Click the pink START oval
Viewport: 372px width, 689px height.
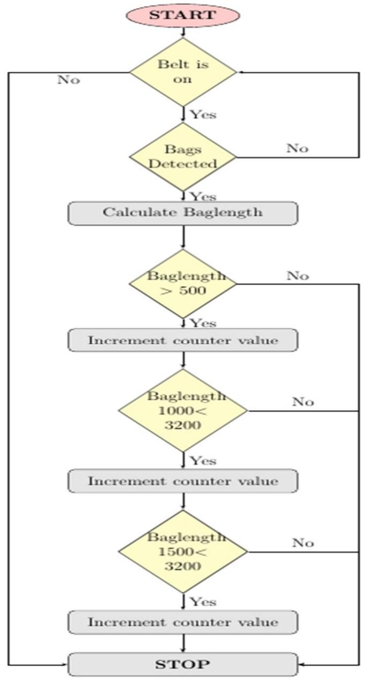(x=183, y=15)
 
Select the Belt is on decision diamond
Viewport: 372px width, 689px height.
(x=183, y=72)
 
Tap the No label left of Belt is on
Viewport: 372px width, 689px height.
(x=68, y=80)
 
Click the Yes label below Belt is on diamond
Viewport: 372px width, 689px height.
(x=203, y=114)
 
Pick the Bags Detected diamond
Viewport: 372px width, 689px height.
(x=183, y=157)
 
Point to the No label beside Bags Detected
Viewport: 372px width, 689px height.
(x=297, y=148)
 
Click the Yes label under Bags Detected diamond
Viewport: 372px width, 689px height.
(x=203, y=196)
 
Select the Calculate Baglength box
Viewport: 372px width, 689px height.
(x=183, y=213)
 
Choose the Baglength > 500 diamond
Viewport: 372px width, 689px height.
(x=183, y=284)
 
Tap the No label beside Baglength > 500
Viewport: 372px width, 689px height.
(x=297, y=276)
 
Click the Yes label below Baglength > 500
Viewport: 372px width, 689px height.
(x=203, y=323)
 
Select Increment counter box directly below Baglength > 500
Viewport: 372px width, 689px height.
(x=183, y=340)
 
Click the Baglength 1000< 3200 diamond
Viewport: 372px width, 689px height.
(x=183, y=410)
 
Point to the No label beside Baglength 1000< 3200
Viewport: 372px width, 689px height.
(x=303, y=402)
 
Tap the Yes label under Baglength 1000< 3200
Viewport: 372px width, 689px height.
(x=203, y=461)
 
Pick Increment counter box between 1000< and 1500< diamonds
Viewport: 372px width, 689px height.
(x=183, y=481)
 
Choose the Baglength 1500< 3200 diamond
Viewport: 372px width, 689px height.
(x=183, y=552)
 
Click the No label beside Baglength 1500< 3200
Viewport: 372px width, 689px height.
(x=303, y=543)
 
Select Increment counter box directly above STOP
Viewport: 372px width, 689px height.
(x=183, y=622)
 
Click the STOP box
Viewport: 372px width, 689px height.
(x=183, y=664)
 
